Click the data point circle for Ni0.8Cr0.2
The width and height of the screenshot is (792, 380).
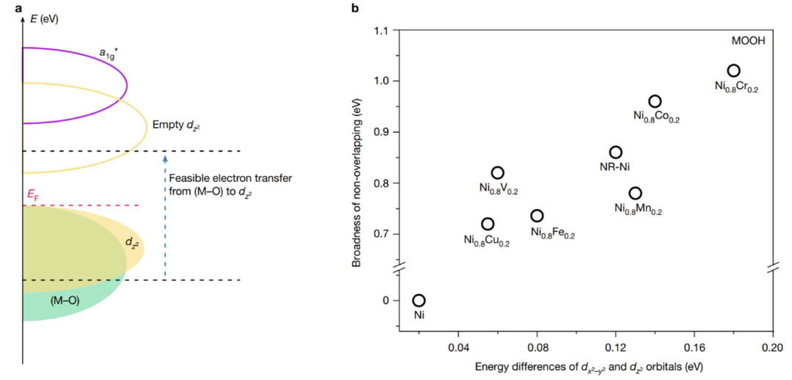pyautogui.click(x=733, y=70)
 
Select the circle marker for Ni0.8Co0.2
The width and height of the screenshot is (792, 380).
pyautogui.click(x=655, y=101)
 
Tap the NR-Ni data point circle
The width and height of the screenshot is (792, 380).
pyautogui.click(x=616, y=153)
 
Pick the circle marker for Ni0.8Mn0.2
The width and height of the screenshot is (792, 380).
pyautogui.click(x=635, y=193)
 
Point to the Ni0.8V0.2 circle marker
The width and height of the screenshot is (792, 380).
pyautogui.click(x=497, y=172)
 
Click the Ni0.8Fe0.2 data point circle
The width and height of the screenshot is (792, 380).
pyautogui.click(x=537, y=216)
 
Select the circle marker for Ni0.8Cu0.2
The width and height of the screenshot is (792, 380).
pyautogui.click(x=488, y=224)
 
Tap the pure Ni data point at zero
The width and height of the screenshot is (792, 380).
pyautogui.click(x=419, y=300)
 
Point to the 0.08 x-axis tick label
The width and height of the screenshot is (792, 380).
pyautogui.click(x=537, y=346)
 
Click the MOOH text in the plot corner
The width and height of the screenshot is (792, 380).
pyautogui.click(x=748, y=41)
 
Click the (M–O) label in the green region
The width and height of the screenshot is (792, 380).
pyautogui.click(x=65, y=301)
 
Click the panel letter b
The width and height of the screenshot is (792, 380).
pyautogui.click(x=356, y=9)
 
